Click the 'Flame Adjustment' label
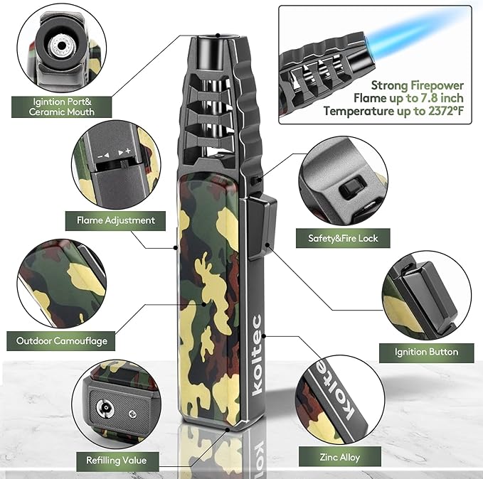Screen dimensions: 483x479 (x=115, y=220)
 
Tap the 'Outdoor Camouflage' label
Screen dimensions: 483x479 (x=61, y=341)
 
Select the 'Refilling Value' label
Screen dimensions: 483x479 (x=117, y=461)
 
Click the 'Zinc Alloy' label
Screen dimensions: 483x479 (x=340, y=457)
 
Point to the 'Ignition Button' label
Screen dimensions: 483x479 (x=426, y=352)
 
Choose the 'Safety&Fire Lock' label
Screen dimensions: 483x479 (x=343, y=238)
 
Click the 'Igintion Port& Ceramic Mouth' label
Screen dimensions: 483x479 (x=62, y=107)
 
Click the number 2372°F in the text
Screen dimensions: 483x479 (x=446, y=111)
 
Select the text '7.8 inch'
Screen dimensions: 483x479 (x=441, y=98)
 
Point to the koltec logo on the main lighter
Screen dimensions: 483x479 (x=257, y=355)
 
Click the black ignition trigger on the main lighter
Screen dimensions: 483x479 (x=262, y=228)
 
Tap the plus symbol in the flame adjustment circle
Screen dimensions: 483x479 (x=128, y=151)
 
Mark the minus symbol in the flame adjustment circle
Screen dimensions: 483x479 (x=100, y=156)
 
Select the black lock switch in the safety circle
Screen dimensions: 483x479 (x=351, y=188)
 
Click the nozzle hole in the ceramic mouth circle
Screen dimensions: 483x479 (x=62, y=46)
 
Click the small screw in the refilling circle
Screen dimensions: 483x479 (x=133, y=414)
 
